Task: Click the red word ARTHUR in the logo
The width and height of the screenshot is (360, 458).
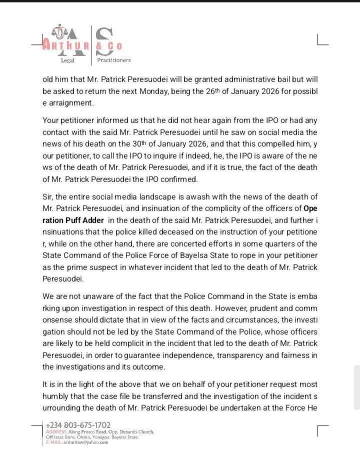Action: [x=65, y=46]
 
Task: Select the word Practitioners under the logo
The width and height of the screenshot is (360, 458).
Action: [x=113, y=60]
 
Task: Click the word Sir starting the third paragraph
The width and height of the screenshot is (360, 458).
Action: [x=48, y=197]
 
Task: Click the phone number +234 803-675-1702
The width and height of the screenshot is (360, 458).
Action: [x=77, y=425]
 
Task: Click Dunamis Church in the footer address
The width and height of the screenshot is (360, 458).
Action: [x=137, y=431]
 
